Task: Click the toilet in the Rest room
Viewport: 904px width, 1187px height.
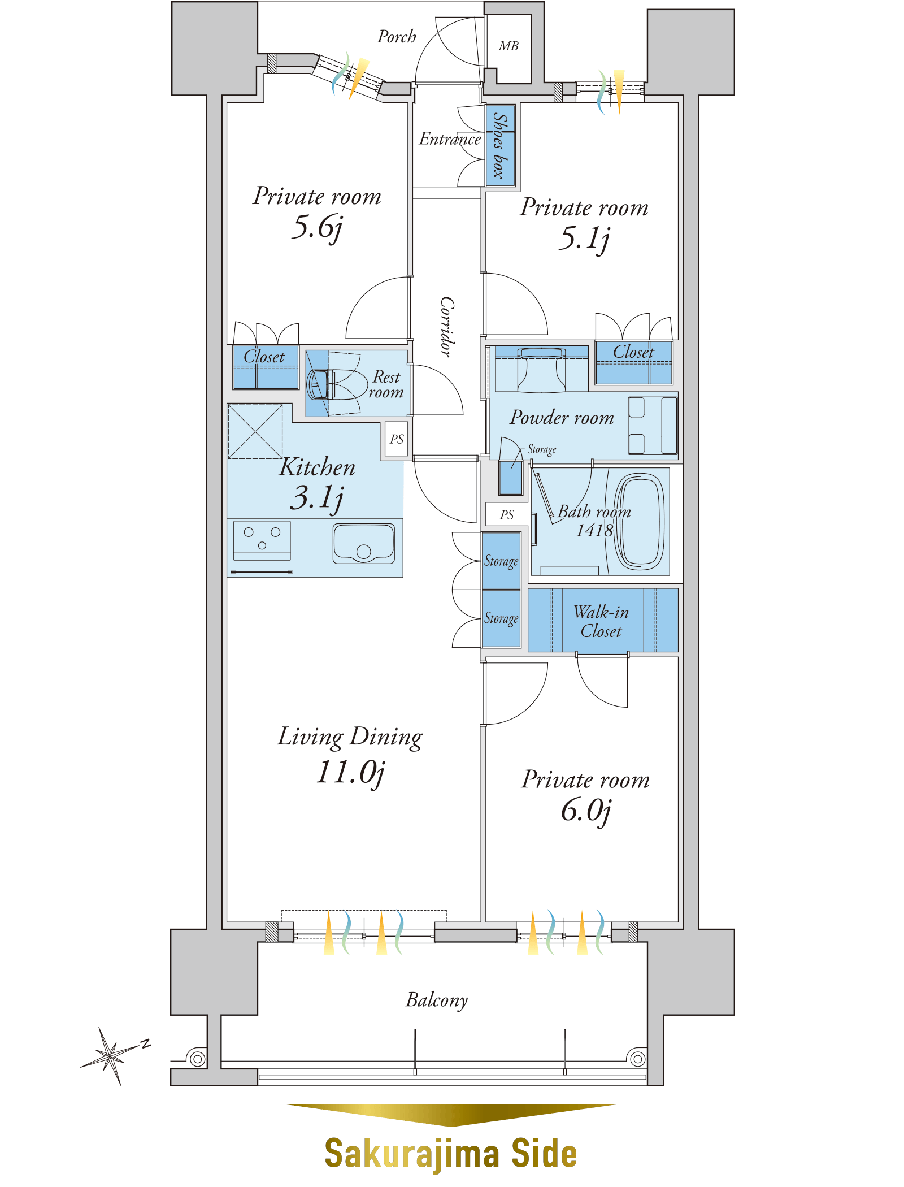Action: pyautogui.click(x=337, y=384)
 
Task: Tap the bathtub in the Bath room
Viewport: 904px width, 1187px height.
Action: pyautogui.click(x=640, y=521)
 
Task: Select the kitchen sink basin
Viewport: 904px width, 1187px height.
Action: pyautogui.click(x=364, y=543)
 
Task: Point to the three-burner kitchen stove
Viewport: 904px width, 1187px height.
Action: pyautogui.click(x=262, y=540)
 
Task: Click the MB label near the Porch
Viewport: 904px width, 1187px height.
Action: pyautogui.click(x=508, y=46)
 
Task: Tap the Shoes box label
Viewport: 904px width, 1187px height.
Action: pyautogui.click(x=500, y=145)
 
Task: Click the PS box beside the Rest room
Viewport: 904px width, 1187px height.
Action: pyautogui.click(x=397, y=439)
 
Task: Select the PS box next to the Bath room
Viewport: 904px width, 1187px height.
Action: pyautogui.click(x=507, y=514)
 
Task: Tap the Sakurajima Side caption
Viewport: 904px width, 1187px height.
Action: pyautogui.click(x=451, y=1153)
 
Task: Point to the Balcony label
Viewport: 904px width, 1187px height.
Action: pyautogui.click(x=437, y=1000)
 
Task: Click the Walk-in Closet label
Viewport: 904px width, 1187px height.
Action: pyautogui.click(x=601, y=621)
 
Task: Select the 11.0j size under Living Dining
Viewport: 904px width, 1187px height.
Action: pyautogui.click(x=350, y=772)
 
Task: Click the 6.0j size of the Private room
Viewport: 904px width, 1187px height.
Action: pyautogui.click(x=586, y=811)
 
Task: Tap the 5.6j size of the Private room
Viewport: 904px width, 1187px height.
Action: pyautogui.click(x=317, y=227)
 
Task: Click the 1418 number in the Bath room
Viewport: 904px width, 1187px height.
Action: pyautogui.click(x=594, y=530)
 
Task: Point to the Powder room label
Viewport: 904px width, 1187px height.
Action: pyautogui.click(x=562, y=417)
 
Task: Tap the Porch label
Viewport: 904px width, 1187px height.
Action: pyautogui.click(x=397, y=37)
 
